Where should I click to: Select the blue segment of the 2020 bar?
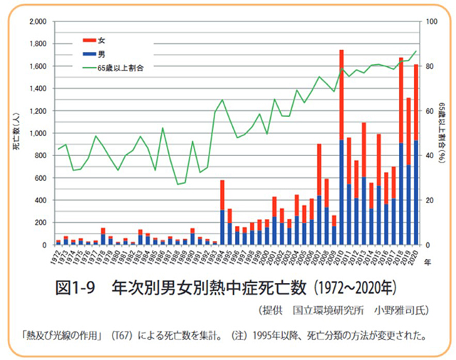(x=416, y=192)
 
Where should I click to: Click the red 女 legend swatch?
(x=90, y=39)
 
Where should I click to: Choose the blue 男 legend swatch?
(x=90, y=53)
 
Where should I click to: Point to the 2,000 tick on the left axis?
(x=36, y=22)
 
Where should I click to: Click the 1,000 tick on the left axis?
(x=36, y=133)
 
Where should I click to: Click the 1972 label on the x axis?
(x=57, y=259)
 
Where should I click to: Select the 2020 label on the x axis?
(x=415, y=259)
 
